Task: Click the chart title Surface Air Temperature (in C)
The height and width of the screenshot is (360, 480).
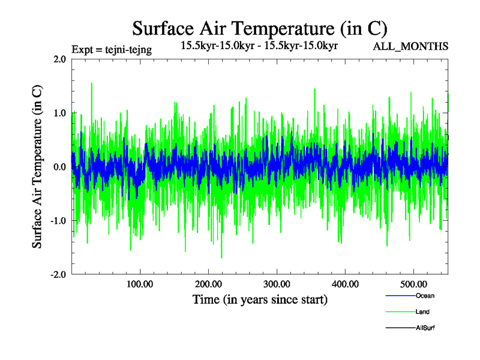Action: [259, 29]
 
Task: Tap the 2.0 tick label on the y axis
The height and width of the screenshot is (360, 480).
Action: [59, 59]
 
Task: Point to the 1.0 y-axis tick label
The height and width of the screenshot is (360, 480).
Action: [59, 113]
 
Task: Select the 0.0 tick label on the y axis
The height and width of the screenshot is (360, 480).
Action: [59, 167]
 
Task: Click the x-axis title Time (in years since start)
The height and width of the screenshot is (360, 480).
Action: [260, 299]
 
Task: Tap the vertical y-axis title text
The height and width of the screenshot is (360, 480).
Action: [37, 167]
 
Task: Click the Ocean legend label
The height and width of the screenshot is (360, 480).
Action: [425, 296]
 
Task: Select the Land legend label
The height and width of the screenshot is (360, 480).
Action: [422, 312]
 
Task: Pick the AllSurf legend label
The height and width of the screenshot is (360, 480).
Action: [425, 328]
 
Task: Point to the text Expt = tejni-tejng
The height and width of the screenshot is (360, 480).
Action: [111, 50]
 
